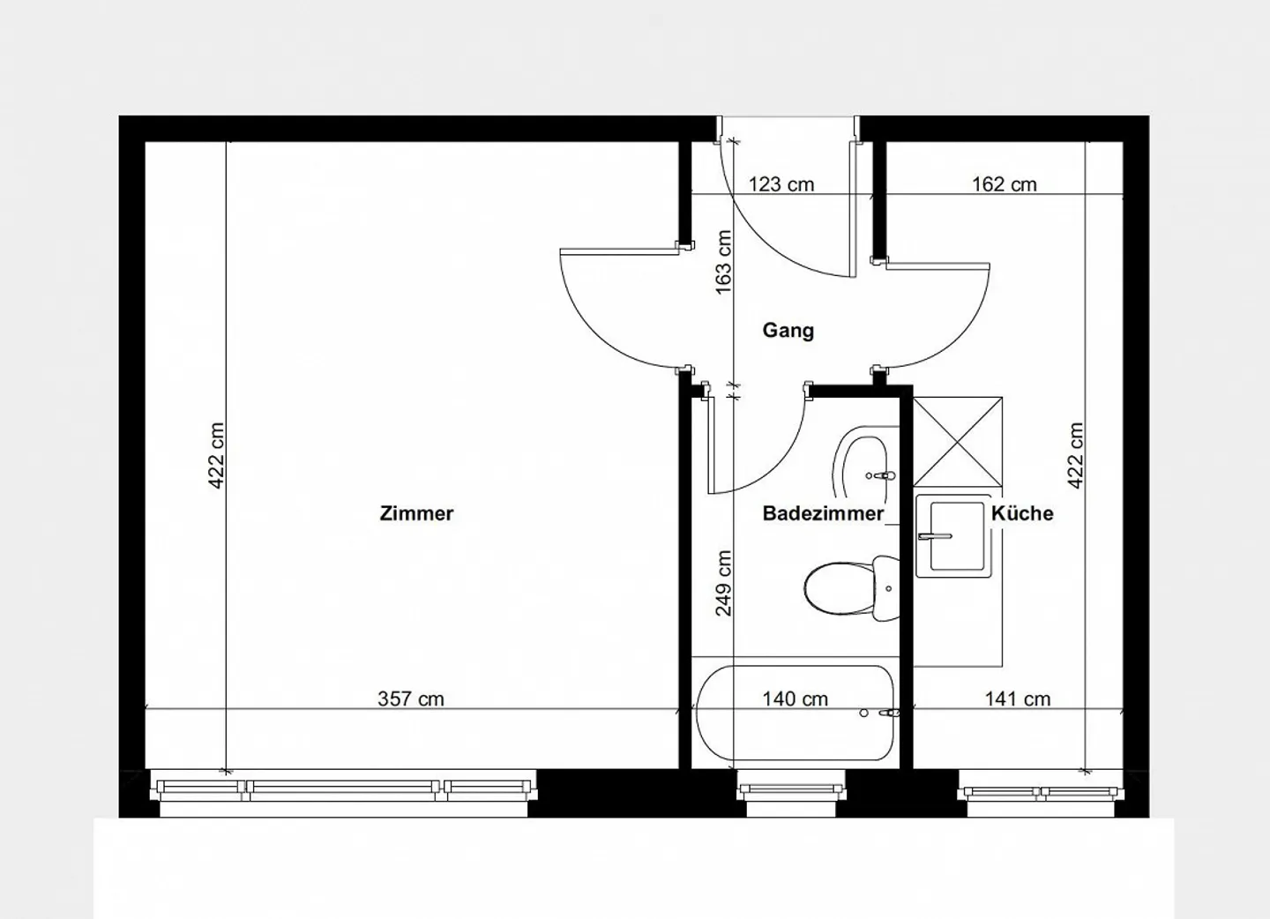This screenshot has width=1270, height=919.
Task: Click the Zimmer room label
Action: [416, 513]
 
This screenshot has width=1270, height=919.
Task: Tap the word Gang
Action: [788, 331]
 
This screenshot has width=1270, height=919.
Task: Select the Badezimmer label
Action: [823, 513]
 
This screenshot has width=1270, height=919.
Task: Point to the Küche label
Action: [1022, 513]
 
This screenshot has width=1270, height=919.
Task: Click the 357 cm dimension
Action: [411, 699]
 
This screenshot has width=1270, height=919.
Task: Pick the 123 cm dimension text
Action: [781, 185]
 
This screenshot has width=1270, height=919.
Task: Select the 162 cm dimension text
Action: [1004, 185]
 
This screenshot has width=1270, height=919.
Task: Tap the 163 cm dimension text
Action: [724, 263]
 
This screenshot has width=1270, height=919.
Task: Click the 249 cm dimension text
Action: [724, 583]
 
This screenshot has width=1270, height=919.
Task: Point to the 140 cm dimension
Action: [795, 699]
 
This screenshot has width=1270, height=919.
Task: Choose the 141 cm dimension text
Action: [1018, 699]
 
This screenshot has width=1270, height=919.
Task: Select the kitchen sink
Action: [954, 536]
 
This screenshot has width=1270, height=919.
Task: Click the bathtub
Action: [795, 714]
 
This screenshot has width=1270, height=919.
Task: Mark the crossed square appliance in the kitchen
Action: [958, 442]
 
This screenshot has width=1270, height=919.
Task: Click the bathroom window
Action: [791, 789]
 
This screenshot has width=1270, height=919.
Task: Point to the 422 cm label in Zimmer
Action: [217, 455]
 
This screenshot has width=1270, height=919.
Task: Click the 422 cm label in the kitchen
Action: [1076, 455]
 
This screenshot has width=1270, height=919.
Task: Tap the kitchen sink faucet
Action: [935, 536]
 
